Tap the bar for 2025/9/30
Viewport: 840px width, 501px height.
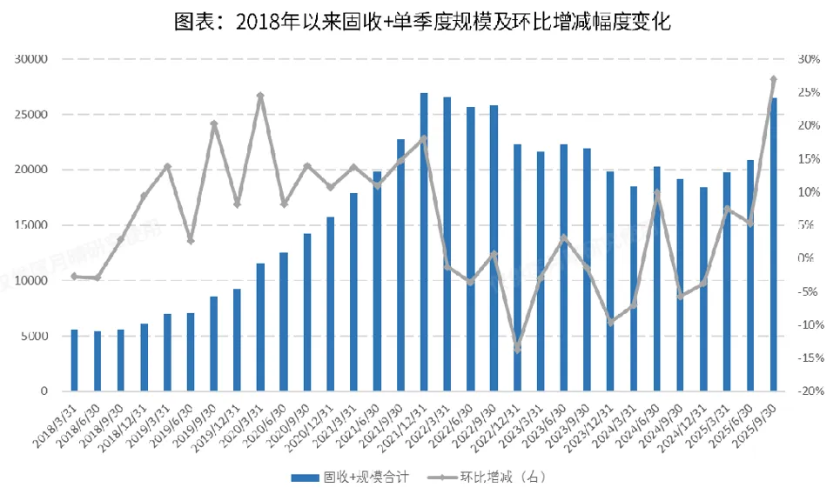tap(774, 244)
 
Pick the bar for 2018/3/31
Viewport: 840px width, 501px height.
tap(75, 360)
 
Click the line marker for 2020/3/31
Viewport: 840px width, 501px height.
tap(260, 96)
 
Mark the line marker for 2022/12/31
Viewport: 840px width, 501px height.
tap(517, 349)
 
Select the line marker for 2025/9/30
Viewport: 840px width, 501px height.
tap(774, 79)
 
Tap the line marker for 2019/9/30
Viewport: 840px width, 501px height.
tap(214, 124)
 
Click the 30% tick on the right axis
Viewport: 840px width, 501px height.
tap(809, 59)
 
